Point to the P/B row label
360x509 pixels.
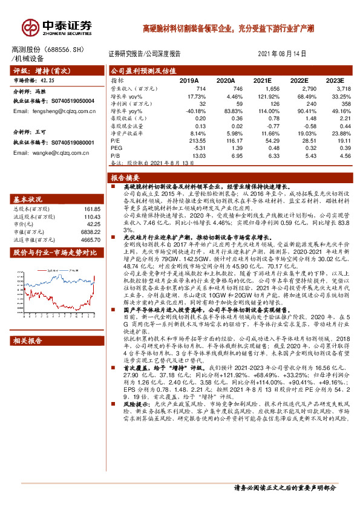pos(116,155)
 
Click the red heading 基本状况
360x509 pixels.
pos(27,199)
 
